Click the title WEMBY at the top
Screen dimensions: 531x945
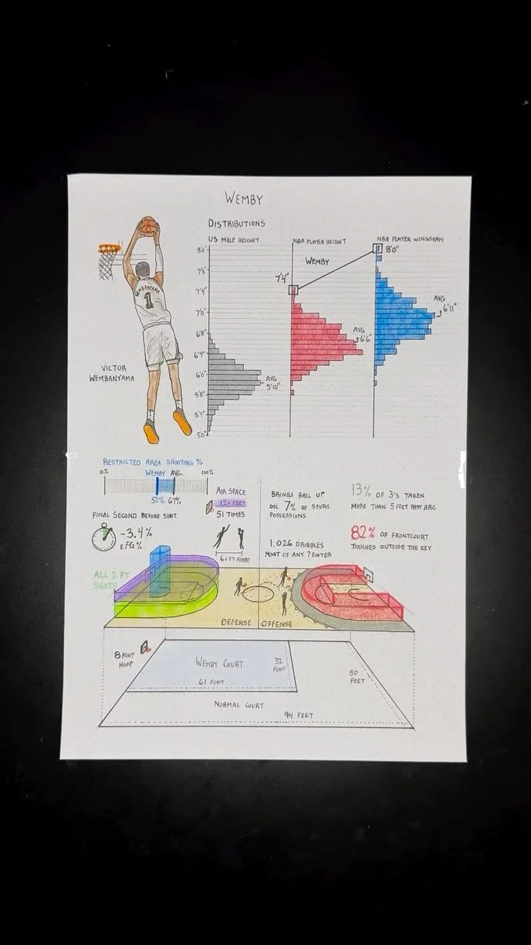pyautogui.click(x=243, y=199)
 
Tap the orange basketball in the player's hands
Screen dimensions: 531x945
pyautogui.click(x=147, y=225)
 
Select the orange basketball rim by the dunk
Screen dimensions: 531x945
pyautogui.click(x=109, y=250)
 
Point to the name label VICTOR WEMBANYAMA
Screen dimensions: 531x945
pyautogui.click(x=114, y=374)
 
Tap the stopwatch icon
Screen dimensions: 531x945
pyautogui.click(x=104, y=537)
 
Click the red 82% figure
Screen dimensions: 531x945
pyautogui.click(x=364, y=533)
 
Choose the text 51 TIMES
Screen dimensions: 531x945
pyautogui.click(x=231, y=514)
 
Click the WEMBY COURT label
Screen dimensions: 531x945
pyautogui.click(x=219, y=662)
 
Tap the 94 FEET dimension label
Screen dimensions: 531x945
pyautogui.click(x=298, y=715)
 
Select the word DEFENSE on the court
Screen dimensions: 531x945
pyautogui.click(x=236, y=622)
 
